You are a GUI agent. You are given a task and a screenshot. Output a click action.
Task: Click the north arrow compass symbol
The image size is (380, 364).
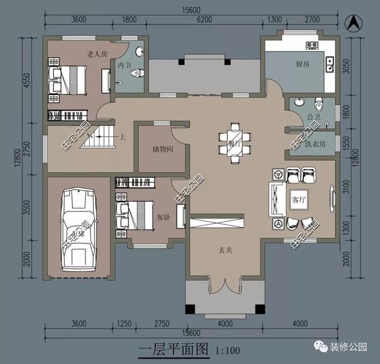click(354, 24)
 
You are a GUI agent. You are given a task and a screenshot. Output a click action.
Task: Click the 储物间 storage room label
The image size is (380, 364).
click(159, 149)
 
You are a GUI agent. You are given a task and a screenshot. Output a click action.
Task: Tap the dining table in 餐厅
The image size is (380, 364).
click(235, 143)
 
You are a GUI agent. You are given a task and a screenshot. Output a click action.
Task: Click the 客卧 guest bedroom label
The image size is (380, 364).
click(163, 217)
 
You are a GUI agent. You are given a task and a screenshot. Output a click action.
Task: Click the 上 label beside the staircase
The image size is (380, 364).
click(123, 137)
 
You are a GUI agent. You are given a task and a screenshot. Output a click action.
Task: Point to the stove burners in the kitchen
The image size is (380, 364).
click(312, 45)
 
